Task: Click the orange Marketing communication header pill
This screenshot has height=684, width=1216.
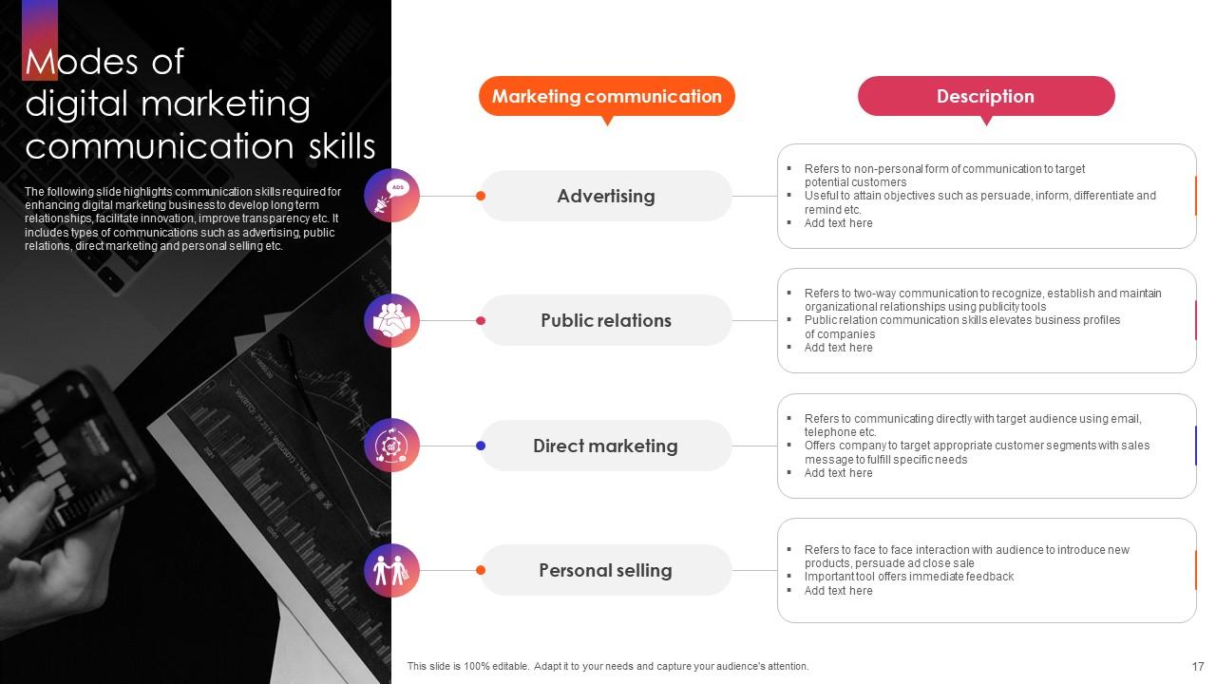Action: pyautogui.click(x=606, y=96)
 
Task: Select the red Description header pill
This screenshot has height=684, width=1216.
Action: pyautogui.click(x=985, y=96)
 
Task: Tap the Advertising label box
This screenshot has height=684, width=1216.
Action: pyautogui.click(x=606, y=196)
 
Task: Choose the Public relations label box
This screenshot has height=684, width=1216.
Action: pyautogui.click(x=606, y=320)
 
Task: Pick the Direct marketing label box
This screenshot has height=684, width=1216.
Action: pyautogui.click(x=606, y=446)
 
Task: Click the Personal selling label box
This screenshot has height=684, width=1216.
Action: pyautogui.click(x=606, y=570)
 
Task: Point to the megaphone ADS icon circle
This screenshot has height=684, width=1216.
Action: pyautogui.click(x=391, y=196)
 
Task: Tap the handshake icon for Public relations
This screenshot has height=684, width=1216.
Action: pyautogui.click(x=391, y=320)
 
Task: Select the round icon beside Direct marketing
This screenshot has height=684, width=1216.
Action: pyautogui.click(x=391, y=446)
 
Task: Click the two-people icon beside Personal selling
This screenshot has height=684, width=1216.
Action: pyautogui.click(x=391, y=570)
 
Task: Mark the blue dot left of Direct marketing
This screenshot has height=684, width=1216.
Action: pyautogui.click(x=481, y=446)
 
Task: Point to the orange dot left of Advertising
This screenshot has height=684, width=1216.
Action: pyautogui.click(x=481, y=196)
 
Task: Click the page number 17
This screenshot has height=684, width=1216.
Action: pyautogui.click(x=1198, y=667)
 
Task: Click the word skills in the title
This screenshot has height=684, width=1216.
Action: pyautogui.click(x=341, y=146)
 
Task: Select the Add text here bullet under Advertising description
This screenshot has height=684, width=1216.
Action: pyautogui.click(x=838, y=223)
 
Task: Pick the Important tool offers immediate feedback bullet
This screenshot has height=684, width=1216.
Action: pyautogui.click(x=908, y=577)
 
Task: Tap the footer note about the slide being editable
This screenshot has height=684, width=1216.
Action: pyautogui.click(x=608, y=667)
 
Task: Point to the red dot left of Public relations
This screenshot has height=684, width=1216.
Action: pyautogui.click(x=481, y=320)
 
